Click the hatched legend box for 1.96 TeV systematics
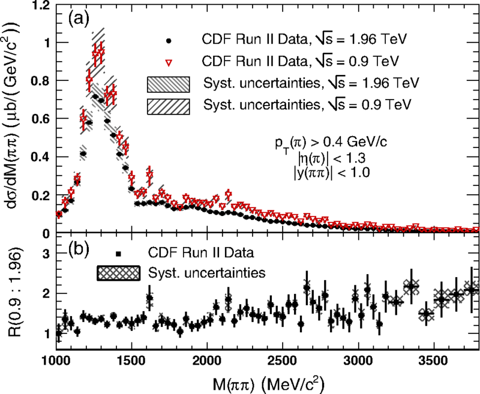[x=169, y=83]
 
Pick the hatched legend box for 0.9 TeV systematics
[x=169, y=104]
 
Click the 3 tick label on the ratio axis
[x=43, y=255]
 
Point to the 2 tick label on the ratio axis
[x=43, y=294]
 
